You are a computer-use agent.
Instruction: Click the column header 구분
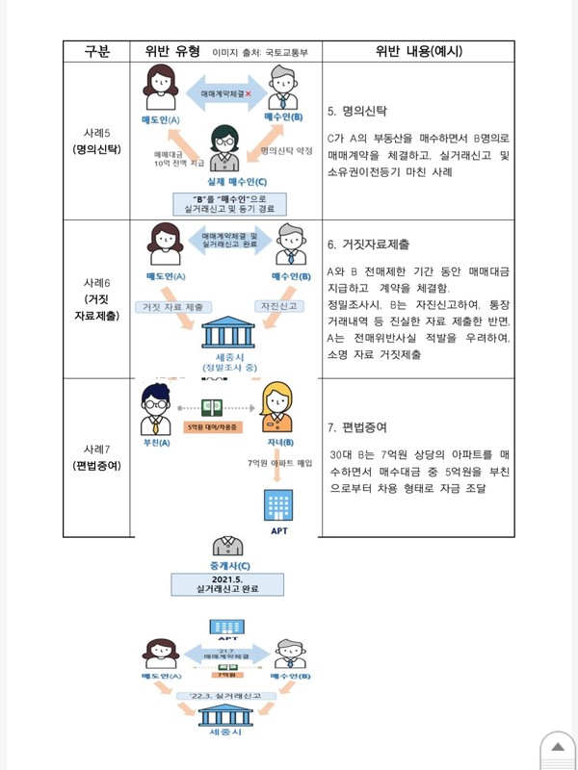click(x=97, y=51)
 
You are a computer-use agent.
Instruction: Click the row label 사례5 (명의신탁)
click(x=97, y=141)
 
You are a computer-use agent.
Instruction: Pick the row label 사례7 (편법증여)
click(x=97, y=457)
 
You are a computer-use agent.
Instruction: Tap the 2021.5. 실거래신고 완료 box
click(x=228, y=583)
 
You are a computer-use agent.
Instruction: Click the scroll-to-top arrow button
click(x=557, y=749)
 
